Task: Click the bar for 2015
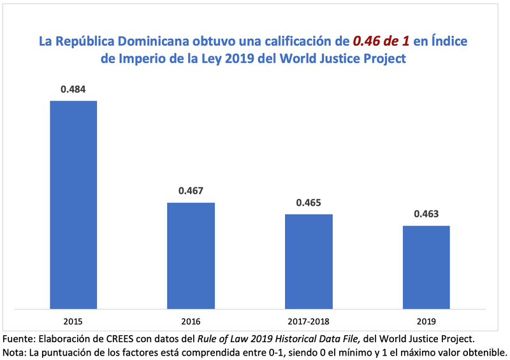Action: pyautogui.click(x=73, y=204)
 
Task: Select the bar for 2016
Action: pyautogui.click(x=191, y=255)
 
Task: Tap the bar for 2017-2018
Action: pyautogui.click(x=309, y=261)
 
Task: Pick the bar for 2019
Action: pyautogui.click(x=426, y=266)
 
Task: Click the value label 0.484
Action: pyautogui.click(x=73, y=89)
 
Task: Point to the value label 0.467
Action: pyautogui.click(x=191, y=191)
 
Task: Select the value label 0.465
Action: pyautogui.click(x=309, y=203)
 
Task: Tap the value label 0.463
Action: pyautogui.click(x=426, y=214)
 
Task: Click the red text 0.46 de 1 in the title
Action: pyautogui.click(x=381, y=42)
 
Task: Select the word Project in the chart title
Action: pyautogui.click(x=384, y=59)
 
